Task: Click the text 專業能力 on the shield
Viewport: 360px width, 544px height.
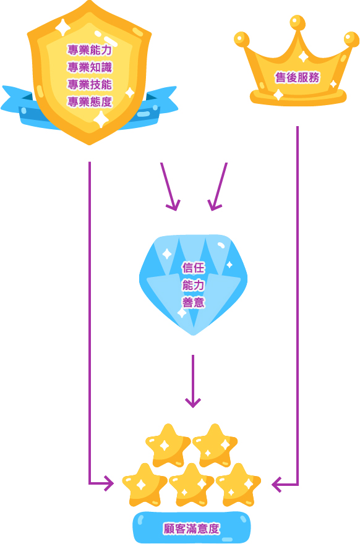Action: click(x=90, y=50)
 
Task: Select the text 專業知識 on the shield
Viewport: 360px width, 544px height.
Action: click(x=90, y=67)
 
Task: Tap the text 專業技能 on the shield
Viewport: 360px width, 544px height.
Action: click(x=90, y=84)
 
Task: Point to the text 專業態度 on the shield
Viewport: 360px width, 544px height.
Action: click(x=90, y=101)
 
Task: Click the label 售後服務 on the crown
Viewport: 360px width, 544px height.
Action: click(x=297, y=77)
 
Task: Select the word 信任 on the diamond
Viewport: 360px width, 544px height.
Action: click(x=194, y=268)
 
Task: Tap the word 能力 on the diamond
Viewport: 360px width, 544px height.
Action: click(x=194, y=285)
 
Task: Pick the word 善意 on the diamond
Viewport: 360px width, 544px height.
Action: click(x=194, y=302)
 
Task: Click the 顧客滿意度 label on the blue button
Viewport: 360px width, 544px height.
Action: click(x=192, y=529)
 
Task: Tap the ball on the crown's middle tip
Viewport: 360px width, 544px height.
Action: click(x=298, y=22)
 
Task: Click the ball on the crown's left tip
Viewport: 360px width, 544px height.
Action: click(x=242, y=39)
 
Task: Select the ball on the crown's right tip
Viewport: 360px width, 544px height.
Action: click(x=351, y=39)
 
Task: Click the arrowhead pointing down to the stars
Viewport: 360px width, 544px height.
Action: click(x=192, y=402)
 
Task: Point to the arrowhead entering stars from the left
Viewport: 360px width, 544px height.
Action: click(x=109, y=483)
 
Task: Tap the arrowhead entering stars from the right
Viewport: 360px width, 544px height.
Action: click(x=276, y=484)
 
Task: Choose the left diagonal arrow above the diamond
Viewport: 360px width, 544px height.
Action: click(x=170, y=187)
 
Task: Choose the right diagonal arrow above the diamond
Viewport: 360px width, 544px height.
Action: click(x=217, y=187)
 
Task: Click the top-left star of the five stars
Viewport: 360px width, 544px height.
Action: click(x=168, y=445)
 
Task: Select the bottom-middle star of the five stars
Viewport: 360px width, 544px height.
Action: click(x=191, y=485)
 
